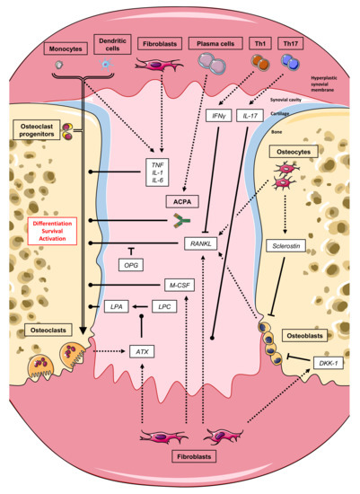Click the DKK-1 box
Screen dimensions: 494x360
pos(324,361)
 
